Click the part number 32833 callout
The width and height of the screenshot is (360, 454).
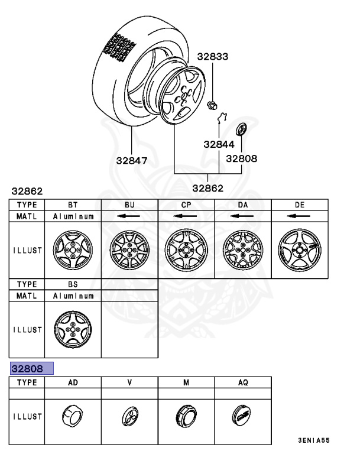(x=212, y=57)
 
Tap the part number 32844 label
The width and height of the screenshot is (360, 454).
(x=219, y=144)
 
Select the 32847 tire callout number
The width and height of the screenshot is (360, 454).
(x=132, y=160)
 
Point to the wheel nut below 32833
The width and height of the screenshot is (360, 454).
(x=211, y=106)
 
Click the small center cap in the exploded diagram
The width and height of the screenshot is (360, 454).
(x=241, y=129)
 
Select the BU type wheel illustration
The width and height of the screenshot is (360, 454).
(x=129, y=250)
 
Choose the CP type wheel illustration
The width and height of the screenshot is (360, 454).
(x=186, y=250)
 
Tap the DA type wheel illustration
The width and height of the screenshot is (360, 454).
(x=242, y=250)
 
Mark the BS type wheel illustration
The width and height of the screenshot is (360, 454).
(x=72, y=329)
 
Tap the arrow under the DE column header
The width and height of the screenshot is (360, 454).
(x=299, y=216)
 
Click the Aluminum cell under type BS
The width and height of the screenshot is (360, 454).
(x=72, y=295)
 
